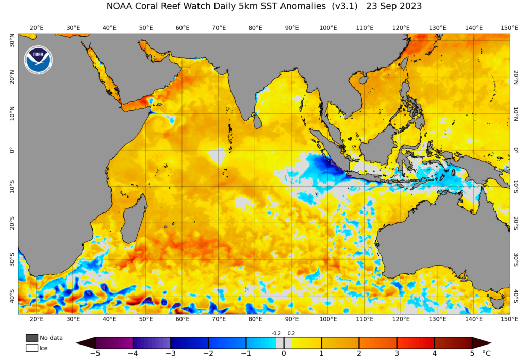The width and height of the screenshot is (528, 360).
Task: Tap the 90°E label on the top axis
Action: [292, 28]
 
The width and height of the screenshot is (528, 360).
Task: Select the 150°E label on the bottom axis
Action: [509, 319]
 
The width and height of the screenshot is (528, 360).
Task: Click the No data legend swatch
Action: [32, 338]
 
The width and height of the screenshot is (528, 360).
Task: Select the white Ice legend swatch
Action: [32, 348]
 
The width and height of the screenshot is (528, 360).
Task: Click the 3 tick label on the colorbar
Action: [397, 354]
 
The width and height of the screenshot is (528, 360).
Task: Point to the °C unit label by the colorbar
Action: [487, 354]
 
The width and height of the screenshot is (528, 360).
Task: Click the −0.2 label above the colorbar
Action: [276, 333]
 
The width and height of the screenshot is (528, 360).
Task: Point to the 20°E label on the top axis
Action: [37, 28]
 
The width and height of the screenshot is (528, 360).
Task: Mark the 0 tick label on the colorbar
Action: [284, 354]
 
